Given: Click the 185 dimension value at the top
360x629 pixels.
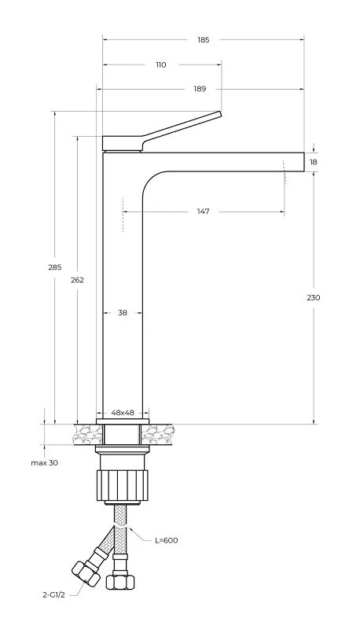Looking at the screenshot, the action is click(204, 40).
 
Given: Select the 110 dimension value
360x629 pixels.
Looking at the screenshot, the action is click(161, 65).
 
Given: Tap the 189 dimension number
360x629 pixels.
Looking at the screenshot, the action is click(200, 89).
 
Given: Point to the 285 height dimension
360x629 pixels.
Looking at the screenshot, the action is click(54, 267).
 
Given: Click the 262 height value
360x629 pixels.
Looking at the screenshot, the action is click(77, 280).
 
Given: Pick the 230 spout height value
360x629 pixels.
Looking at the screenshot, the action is click(314, 298).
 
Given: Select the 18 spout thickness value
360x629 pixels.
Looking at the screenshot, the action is click(314, 162).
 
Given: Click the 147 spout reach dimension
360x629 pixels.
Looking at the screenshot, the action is click(203, 212).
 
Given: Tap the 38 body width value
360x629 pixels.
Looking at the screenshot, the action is click(123, 312).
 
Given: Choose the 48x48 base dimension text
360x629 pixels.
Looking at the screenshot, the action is click(123, 413).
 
